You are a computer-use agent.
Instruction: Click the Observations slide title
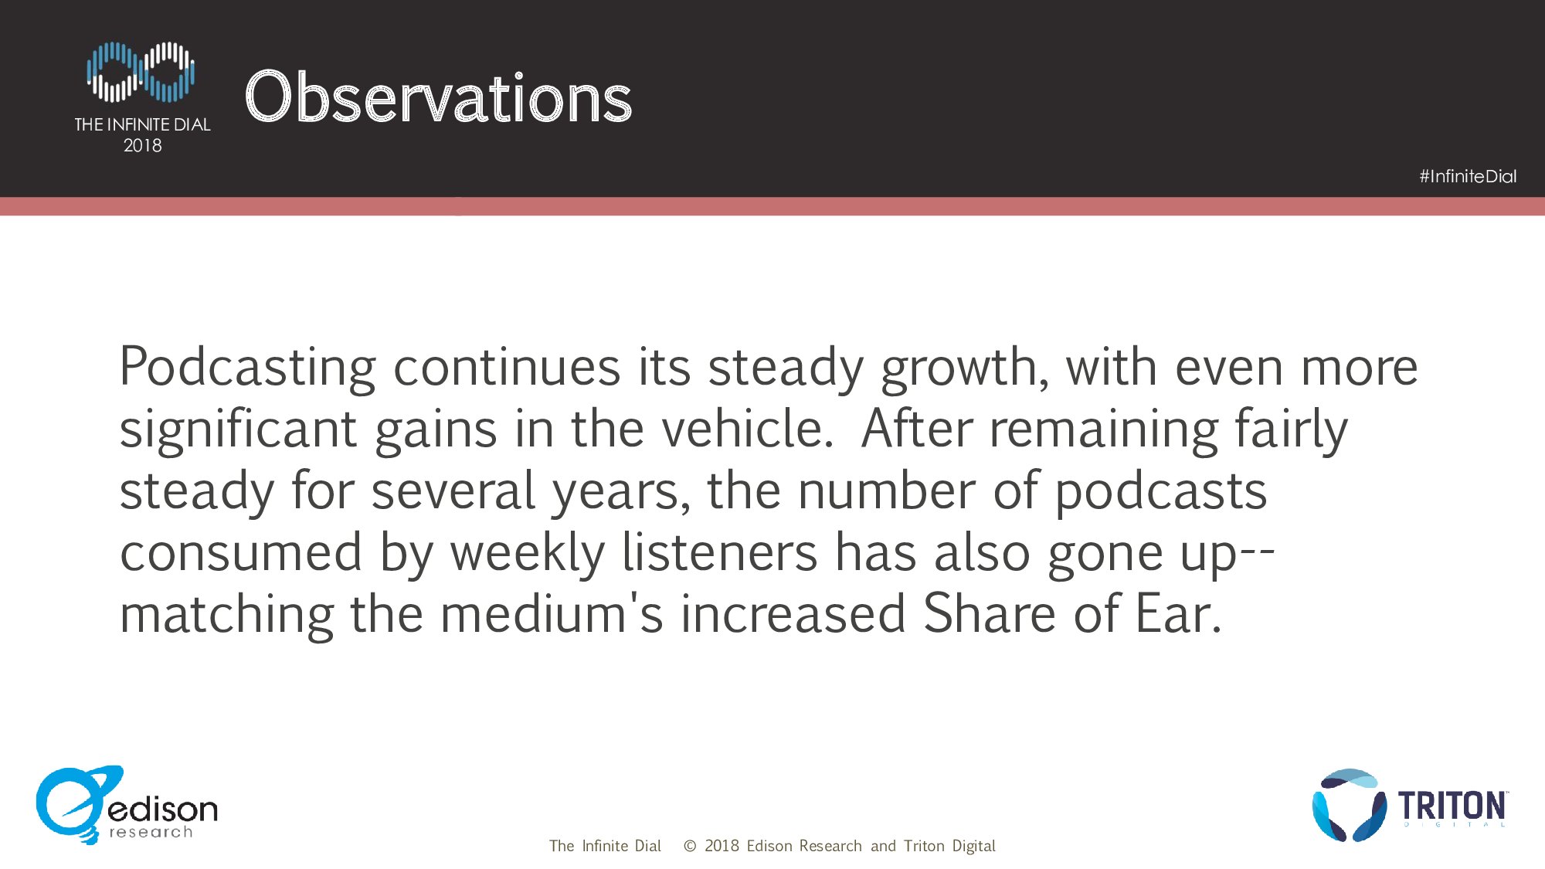(x=438, y=97)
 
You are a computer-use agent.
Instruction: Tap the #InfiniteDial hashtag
(x=1468, y=176)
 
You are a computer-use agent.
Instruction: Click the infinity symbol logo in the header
(x=141, y=72)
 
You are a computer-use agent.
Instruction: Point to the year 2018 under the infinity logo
(x=143, y=145)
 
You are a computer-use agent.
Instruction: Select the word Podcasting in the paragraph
(x=248, y=368)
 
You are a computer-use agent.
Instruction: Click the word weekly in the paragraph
(x=528, y=553)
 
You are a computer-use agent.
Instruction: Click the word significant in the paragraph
(x=238, y=429)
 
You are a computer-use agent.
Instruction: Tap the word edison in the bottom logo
(x=163, y=809)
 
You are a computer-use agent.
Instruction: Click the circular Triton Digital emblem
(x=1349, y=805)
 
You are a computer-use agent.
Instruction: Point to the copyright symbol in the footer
(x=690, y=847)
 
